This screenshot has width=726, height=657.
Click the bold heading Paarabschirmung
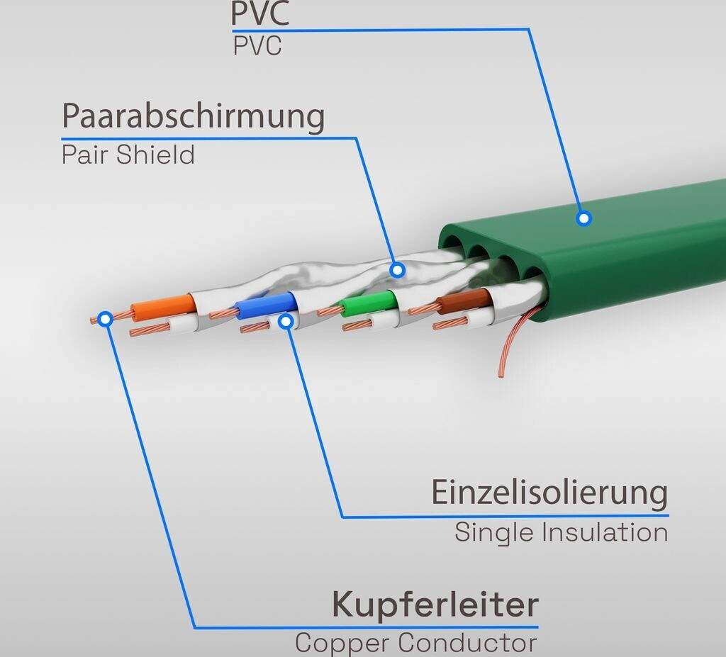click(193, 116)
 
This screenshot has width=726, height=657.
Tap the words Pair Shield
click(128, 155)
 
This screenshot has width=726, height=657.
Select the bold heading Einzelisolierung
click(549, 493)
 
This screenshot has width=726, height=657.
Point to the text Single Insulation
click(561, 532)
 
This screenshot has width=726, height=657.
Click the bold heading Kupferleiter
click(435, 605)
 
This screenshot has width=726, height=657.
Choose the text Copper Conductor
click(415, 644)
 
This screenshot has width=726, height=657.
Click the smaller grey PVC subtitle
click(257, 46)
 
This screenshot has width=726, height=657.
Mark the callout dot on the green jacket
click(583, 218)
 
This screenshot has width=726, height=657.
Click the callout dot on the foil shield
click(398, 270)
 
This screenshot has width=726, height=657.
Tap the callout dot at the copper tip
click(106, 319)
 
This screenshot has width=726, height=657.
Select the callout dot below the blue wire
click(286, 322)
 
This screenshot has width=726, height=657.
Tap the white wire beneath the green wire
click(384, 322)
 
